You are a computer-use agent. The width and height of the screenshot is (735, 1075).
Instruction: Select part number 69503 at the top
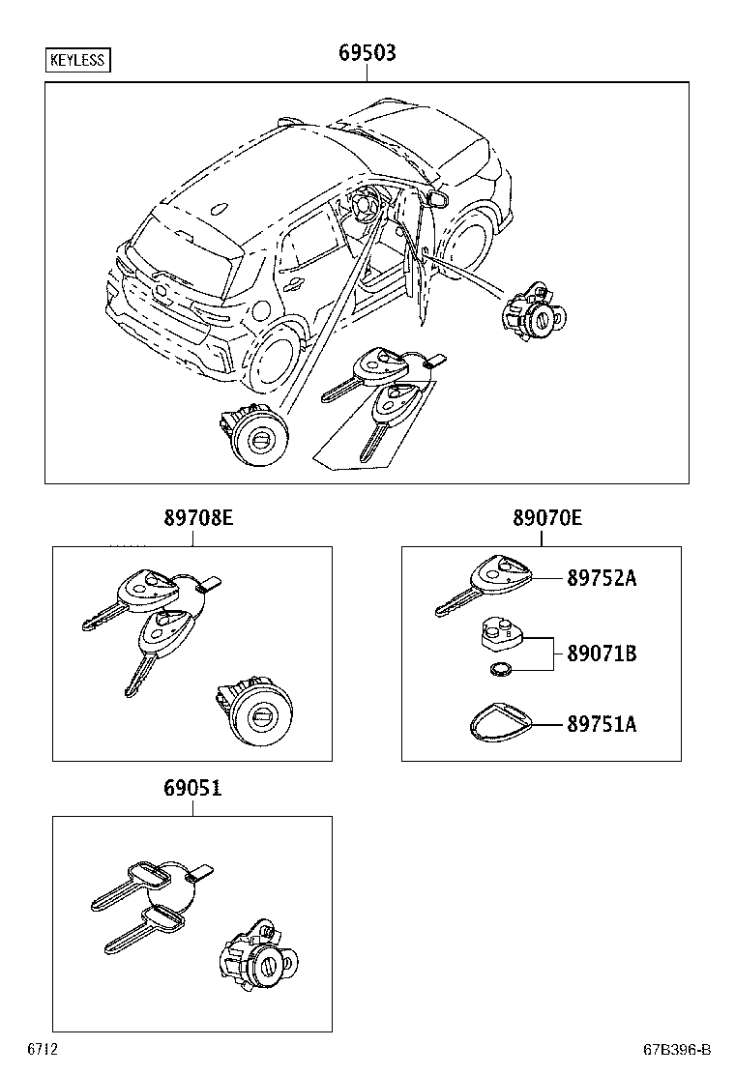367,53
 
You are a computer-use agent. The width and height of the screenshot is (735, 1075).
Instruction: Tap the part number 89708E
191,519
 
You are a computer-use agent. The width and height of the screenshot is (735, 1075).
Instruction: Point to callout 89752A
602,578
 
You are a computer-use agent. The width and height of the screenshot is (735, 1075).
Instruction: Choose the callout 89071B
602,654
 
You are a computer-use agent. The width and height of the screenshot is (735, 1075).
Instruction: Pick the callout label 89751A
602,724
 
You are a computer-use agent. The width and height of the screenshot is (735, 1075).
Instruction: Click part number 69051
191,789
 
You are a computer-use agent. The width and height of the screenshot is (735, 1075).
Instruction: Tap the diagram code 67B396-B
678,1050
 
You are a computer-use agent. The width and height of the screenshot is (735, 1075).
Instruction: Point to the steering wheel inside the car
365,206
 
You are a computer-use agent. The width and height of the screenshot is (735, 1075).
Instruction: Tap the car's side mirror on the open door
437,199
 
